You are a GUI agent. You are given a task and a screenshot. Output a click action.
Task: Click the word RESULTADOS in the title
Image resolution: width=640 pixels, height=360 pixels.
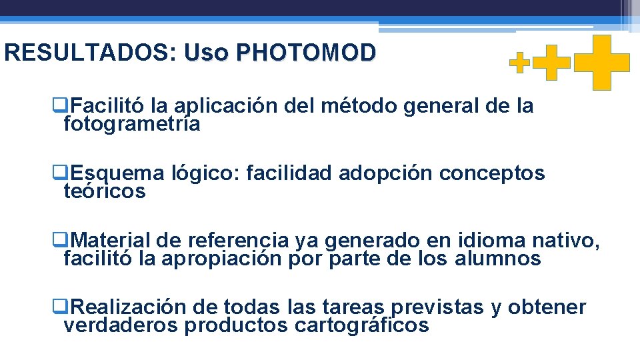(87, 53)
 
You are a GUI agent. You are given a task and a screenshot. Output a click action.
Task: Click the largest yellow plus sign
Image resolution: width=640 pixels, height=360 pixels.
(602, 62)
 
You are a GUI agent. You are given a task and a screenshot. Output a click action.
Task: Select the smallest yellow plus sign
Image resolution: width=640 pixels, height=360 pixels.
(520, 63)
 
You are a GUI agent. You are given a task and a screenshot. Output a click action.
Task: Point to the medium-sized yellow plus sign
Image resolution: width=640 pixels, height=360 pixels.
(553, 63)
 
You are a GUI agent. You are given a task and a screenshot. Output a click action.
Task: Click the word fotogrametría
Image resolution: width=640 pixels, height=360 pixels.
(131, 124)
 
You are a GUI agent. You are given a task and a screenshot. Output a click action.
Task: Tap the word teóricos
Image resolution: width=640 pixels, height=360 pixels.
(104, 192)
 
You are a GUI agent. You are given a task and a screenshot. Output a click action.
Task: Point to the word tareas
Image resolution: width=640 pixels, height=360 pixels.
(353, 307)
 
